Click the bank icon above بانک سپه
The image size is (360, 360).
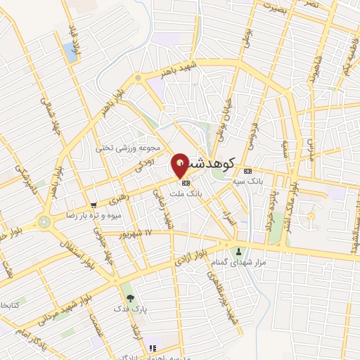click(x=247, y=172)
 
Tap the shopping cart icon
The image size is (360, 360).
click(x=94, y=205)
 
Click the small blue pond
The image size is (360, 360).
click(x=70, y=49)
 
